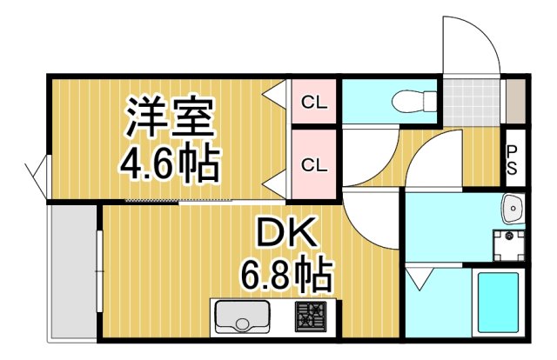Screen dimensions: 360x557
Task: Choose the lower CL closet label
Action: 313,163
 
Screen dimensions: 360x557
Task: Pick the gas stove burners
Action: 310,317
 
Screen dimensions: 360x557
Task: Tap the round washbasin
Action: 513,209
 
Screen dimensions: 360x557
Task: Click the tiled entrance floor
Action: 474,103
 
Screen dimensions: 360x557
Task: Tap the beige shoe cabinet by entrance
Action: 516,103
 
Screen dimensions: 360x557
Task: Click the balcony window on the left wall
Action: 38,178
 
